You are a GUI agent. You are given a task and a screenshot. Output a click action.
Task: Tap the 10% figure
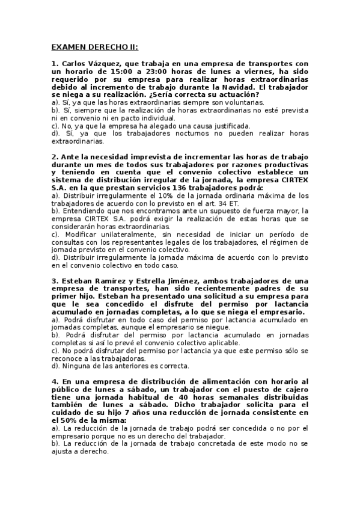click(157, 196)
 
